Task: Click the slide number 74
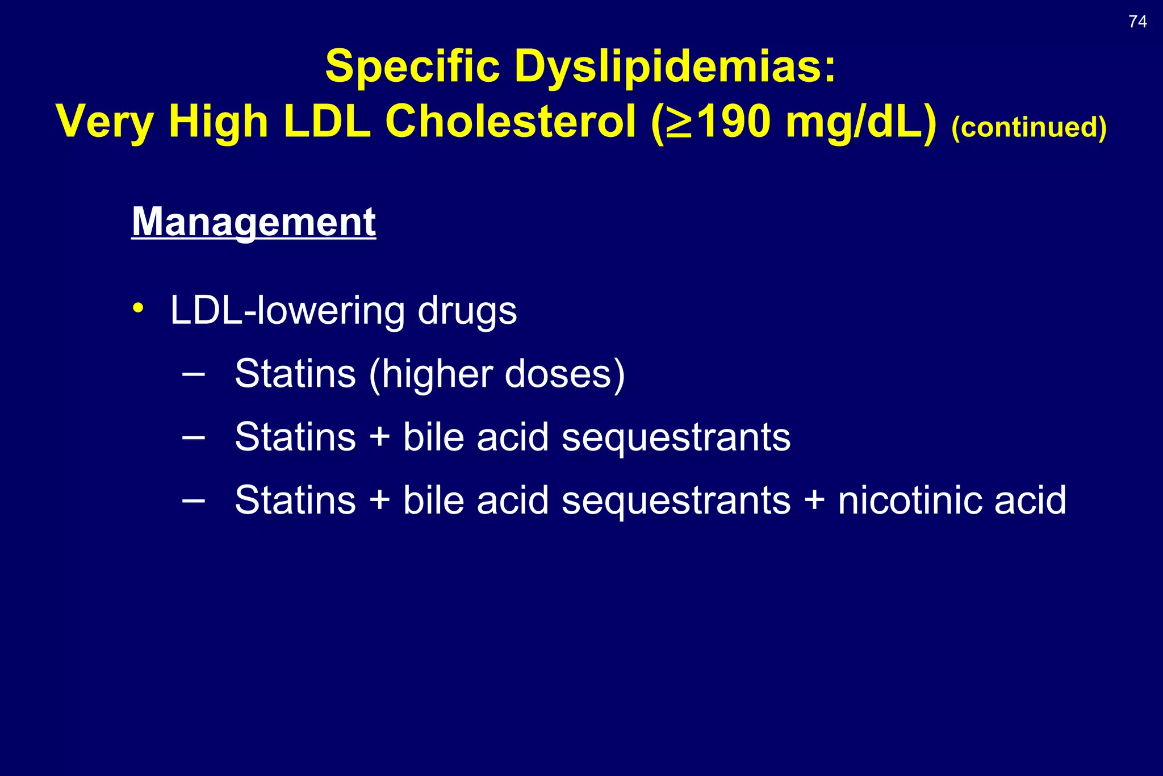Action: tap(1137, 22)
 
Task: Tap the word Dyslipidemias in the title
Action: tap(675, 66)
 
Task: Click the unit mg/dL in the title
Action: tap(860, 122)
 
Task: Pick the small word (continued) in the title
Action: tap(1028, 127)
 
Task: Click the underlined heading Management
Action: tap(254, 222)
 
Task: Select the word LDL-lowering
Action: tap(287, 311)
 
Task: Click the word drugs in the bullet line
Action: tap(467, 312)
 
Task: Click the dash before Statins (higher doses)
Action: tap(194, 374)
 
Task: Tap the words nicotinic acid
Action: tap(952, 500)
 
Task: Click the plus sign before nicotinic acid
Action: tap(814, 500)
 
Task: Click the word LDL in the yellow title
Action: tap(327, 122)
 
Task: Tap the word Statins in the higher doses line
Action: tap(295, 374)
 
